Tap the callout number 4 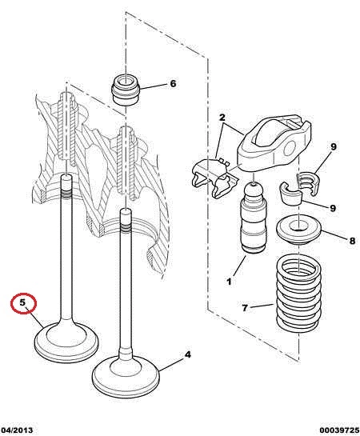(188, 354)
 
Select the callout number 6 (173, 83)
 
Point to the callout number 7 (245, 308)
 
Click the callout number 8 (352, 241)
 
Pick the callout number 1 (229, 282)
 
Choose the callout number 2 (222, 118)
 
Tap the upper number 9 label (334, 146)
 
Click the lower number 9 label (333, 208)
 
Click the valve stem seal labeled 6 (126, 90)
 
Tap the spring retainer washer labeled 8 (299, 230)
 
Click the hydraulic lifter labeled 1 (254, 218)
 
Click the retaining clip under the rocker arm (215, 178)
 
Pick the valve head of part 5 (66, 342)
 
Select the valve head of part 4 (126, 374)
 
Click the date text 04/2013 (17, 430)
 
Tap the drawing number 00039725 (339, 430)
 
